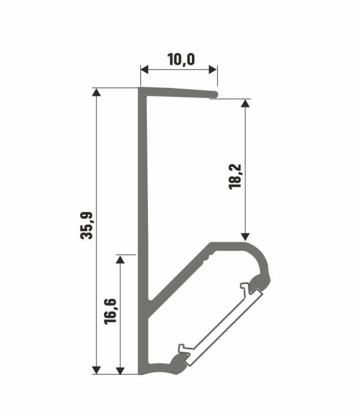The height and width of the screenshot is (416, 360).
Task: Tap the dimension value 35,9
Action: [87, 225]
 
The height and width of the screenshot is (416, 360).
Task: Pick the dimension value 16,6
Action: [110, 310]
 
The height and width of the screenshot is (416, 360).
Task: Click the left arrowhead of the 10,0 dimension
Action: [144, 69]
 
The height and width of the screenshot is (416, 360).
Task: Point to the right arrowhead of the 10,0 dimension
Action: [213, 69]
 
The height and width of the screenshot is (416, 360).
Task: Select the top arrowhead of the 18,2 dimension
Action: [245, 104]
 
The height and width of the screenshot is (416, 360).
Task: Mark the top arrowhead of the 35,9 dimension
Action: [96, 92]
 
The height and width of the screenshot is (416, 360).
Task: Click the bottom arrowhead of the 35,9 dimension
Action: [96, 369]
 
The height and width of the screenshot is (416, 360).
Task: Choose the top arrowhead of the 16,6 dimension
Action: [120, 259]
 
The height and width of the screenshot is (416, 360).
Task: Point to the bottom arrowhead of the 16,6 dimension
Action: [120, 369]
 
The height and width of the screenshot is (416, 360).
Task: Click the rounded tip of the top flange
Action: [214, 94]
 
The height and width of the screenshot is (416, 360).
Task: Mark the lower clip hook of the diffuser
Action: [184, 350]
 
